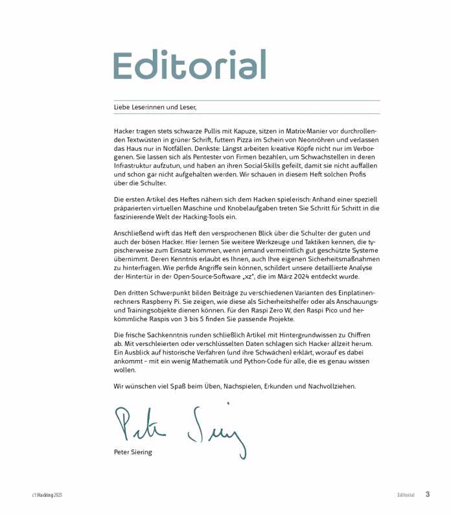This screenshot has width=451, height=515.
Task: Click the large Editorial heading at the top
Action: (189, 65)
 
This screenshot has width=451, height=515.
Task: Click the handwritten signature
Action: (179, 428)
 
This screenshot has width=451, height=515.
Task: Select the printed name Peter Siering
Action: (133, 452)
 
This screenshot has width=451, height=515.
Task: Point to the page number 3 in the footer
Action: (428, 494)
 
